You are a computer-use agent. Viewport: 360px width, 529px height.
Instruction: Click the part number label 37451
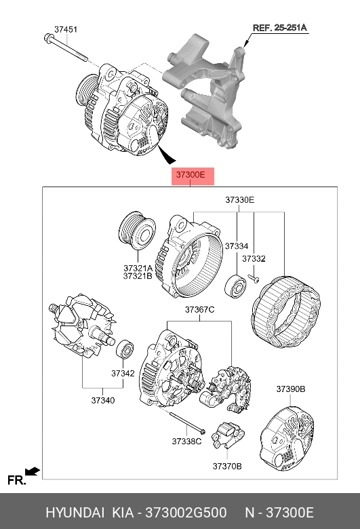point(66,29)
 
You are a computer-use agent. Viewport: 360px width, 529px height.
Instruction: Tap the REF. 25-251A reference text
point(280,28)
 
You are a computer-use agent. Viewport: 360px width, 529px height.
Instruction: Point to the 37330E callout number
point(239,199)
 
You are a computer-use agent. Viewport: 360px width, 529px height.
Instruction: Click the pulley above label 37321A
point(137,231)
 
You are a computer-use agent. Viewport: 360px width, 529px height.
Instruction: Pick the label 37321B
point(138,276)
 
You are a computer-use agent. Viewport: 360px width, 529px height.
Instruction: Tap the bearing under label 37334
point(235,287)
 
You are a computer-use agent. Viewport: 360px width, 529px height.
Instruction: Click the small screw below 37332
point(254,278)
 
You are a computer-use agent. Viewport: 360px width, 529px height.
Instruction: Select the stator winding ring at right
point(286,312)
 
